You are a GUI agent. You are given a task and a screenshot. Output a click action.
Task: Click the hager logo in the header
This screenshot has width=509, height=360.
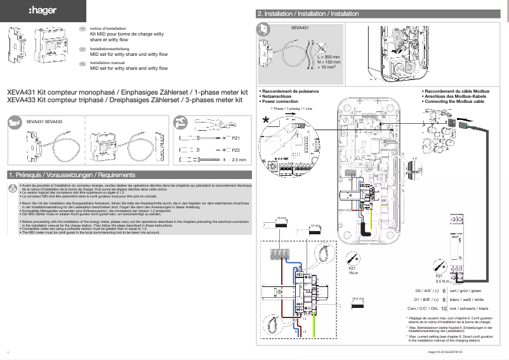tap(43, 11)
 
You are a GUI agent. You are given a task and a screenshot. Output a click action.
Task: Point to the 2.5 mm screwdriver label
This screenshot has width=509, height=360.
tap(239, 160)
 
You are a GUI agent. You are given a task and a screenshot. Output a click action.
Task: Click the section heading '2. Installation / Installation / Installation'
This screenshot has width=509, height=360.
tap(308, 13)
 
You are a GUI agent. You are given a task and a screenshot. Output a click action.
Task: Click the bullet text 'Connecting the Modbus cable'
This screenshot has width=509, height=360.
tap(454, 101)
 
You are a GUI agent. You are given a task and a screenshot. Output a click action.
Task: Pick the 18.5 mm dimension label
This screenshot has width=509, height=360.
tap(357, 298)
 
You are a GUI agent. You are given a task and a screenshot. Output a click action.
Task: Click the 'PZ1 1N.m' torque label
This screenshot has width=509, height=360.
tap(353, 270)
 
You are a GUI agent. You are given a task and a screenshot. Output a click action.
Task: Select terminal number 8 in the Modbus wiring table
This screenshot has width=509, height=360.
tap(443, 299)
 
